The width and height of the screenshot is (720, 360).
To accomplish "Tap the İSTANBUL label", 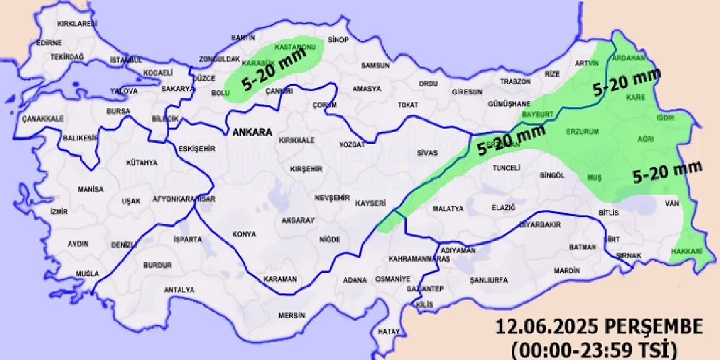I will tap(126, 60).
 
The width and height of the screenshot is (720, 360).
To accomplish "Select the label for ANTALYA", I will tap(179, 290).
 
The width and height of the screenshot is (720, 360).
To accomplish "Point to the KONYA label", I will tap(244, 234).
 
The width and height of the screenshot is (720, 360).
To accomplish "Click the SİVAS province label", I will tap(428, 152).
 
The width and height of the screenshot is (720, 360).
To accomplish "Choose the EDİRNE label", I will tap(49, 43).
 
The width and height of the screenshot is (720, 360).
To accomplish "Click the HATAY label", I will tap(389, 331).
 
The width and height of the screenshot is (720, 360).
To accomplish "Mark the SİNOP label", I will tap(338, 40).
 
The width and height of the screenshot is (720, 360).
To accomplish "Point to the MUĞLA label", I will tap(87, 274).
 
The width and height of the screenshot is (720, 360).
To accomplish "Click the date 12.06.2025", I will tap(547, 328).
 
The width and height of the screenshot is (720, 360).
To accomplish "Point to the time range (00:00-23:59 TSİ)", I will tap(595, 348).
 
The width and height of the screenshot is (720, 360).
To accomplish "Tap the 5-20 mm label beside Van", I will tap(667, 174).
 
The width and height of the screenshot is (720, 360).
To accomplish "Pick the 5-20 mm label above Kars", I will tap(626, 82).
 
